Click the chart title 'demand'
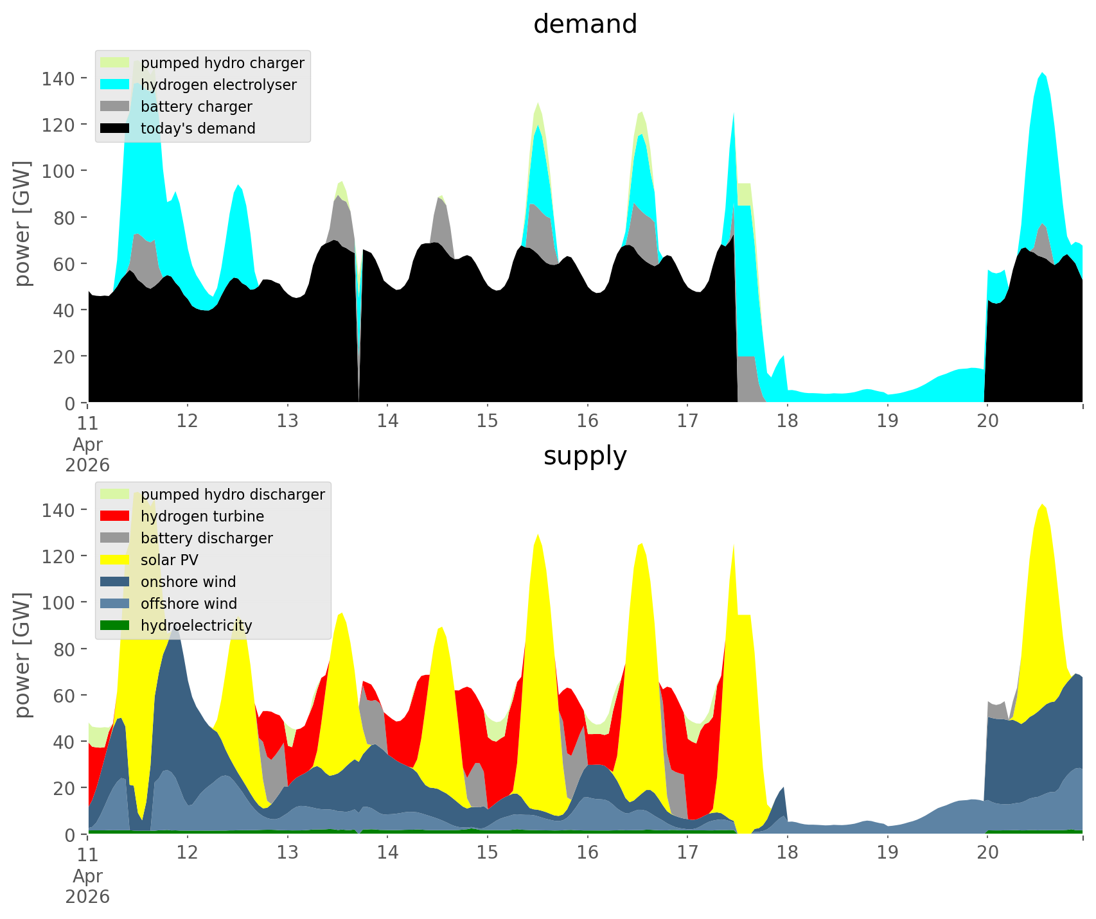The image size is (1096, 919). (585, 24)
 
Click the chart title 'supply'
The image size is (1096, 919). (585, 456)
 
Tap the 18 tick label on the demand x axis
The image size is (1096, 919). (787, 421)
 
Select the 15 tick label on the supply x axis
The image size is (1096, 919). (488, 853)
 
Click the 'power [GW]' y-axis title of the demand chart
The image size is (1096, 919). (23, 224)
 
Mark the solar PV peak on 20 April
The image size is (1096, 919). (1041, 505)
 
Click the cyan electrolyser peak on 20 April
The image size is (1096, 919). (1041, 73)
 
